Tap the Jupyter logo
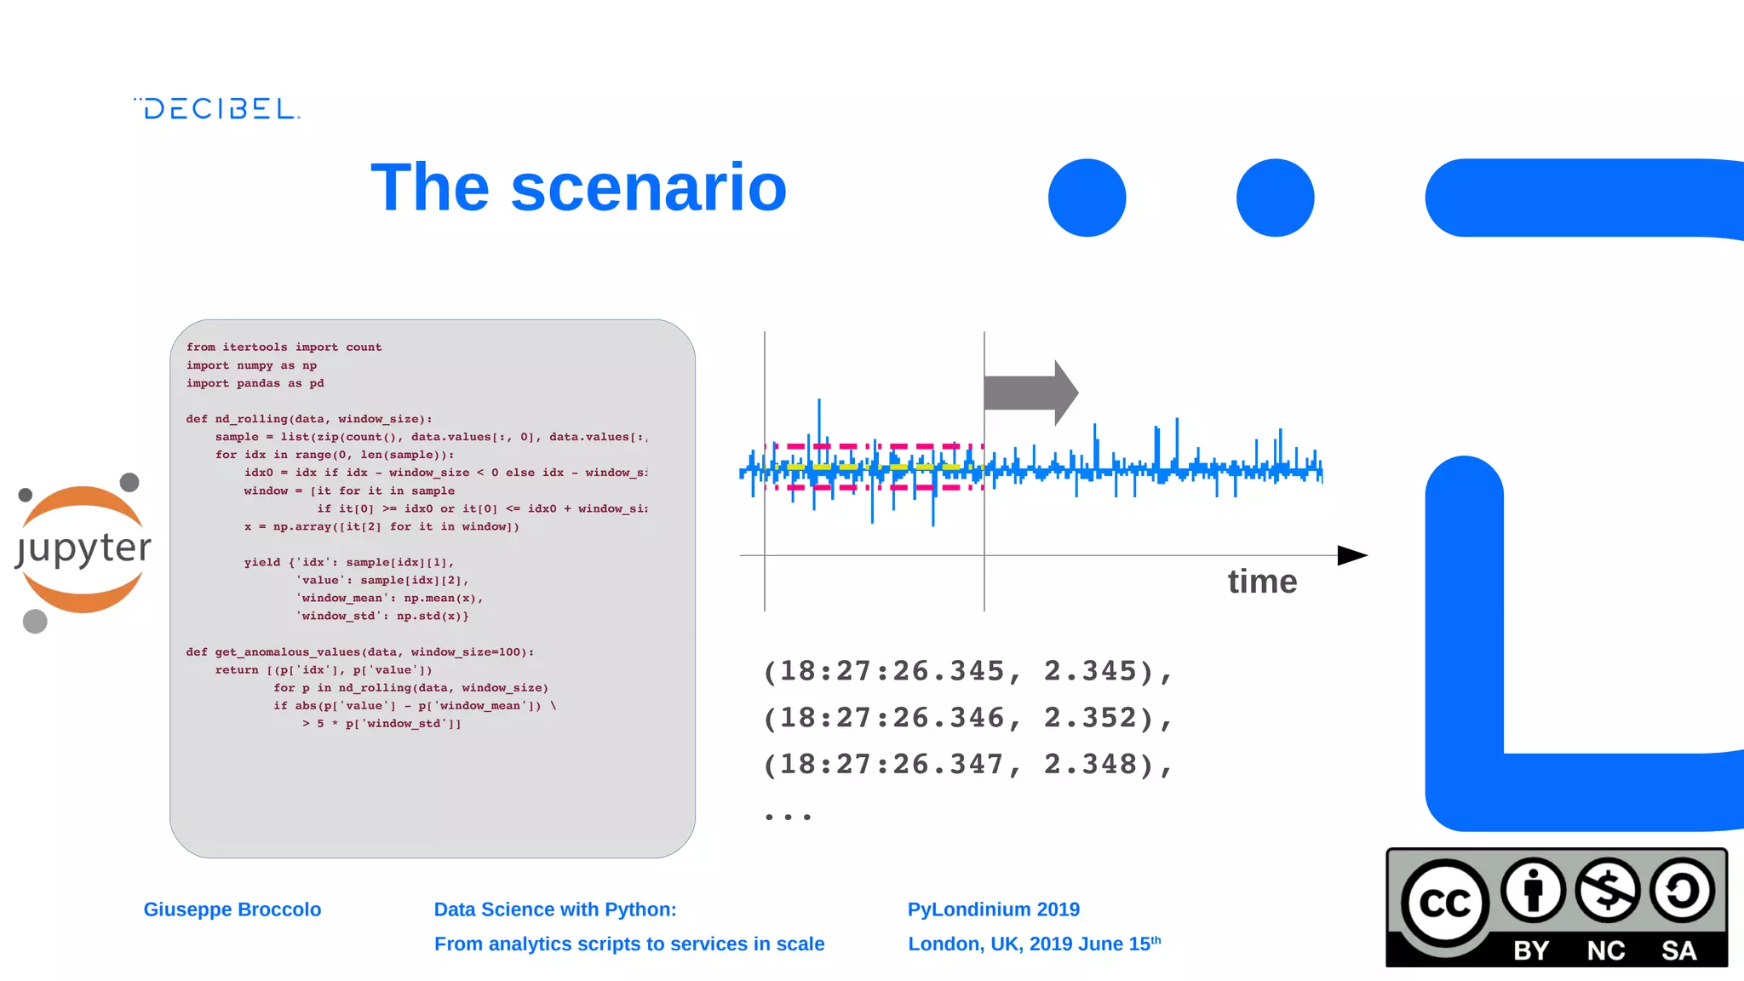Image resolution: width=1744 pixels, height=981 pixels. (x=83, y=549)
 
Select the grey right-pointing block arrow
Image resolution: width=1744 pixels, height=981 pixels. (x=1030, y=393)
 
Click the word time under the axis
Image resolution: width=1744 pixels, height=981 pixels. (x=1262, y=582)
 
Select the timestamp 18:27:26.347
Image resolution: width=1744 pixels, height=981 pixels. (x=892, y=765)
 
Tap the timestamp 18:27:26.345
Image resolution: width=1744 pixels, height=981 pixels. (x=892, y=671)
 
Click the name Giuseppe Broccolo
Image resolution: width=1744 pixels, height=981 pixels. (x=232, y=909)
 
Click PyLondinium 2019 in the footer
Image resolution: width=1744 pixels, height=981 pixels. (x=993, y=909)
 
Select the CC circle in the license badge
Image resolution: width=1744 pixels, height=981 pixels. (x=1444, y=904)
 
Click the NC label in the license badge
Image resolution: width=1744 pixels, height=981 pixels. (x=1605, y=950)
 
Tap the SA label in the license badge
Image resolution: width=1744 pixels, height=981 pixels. (x=1678, y=950)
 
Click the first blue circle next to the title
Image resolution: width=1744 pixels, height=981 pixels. (x=1087, y=198)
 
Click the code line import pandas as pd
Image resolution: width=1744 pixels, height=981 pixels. (x=255, y=383)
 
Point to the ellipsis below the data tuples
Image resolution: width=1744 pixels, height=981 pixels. (x=788, y=816)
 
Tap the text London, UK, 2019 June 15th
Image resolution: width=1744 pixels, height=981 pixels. (x=1033, y=944)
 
